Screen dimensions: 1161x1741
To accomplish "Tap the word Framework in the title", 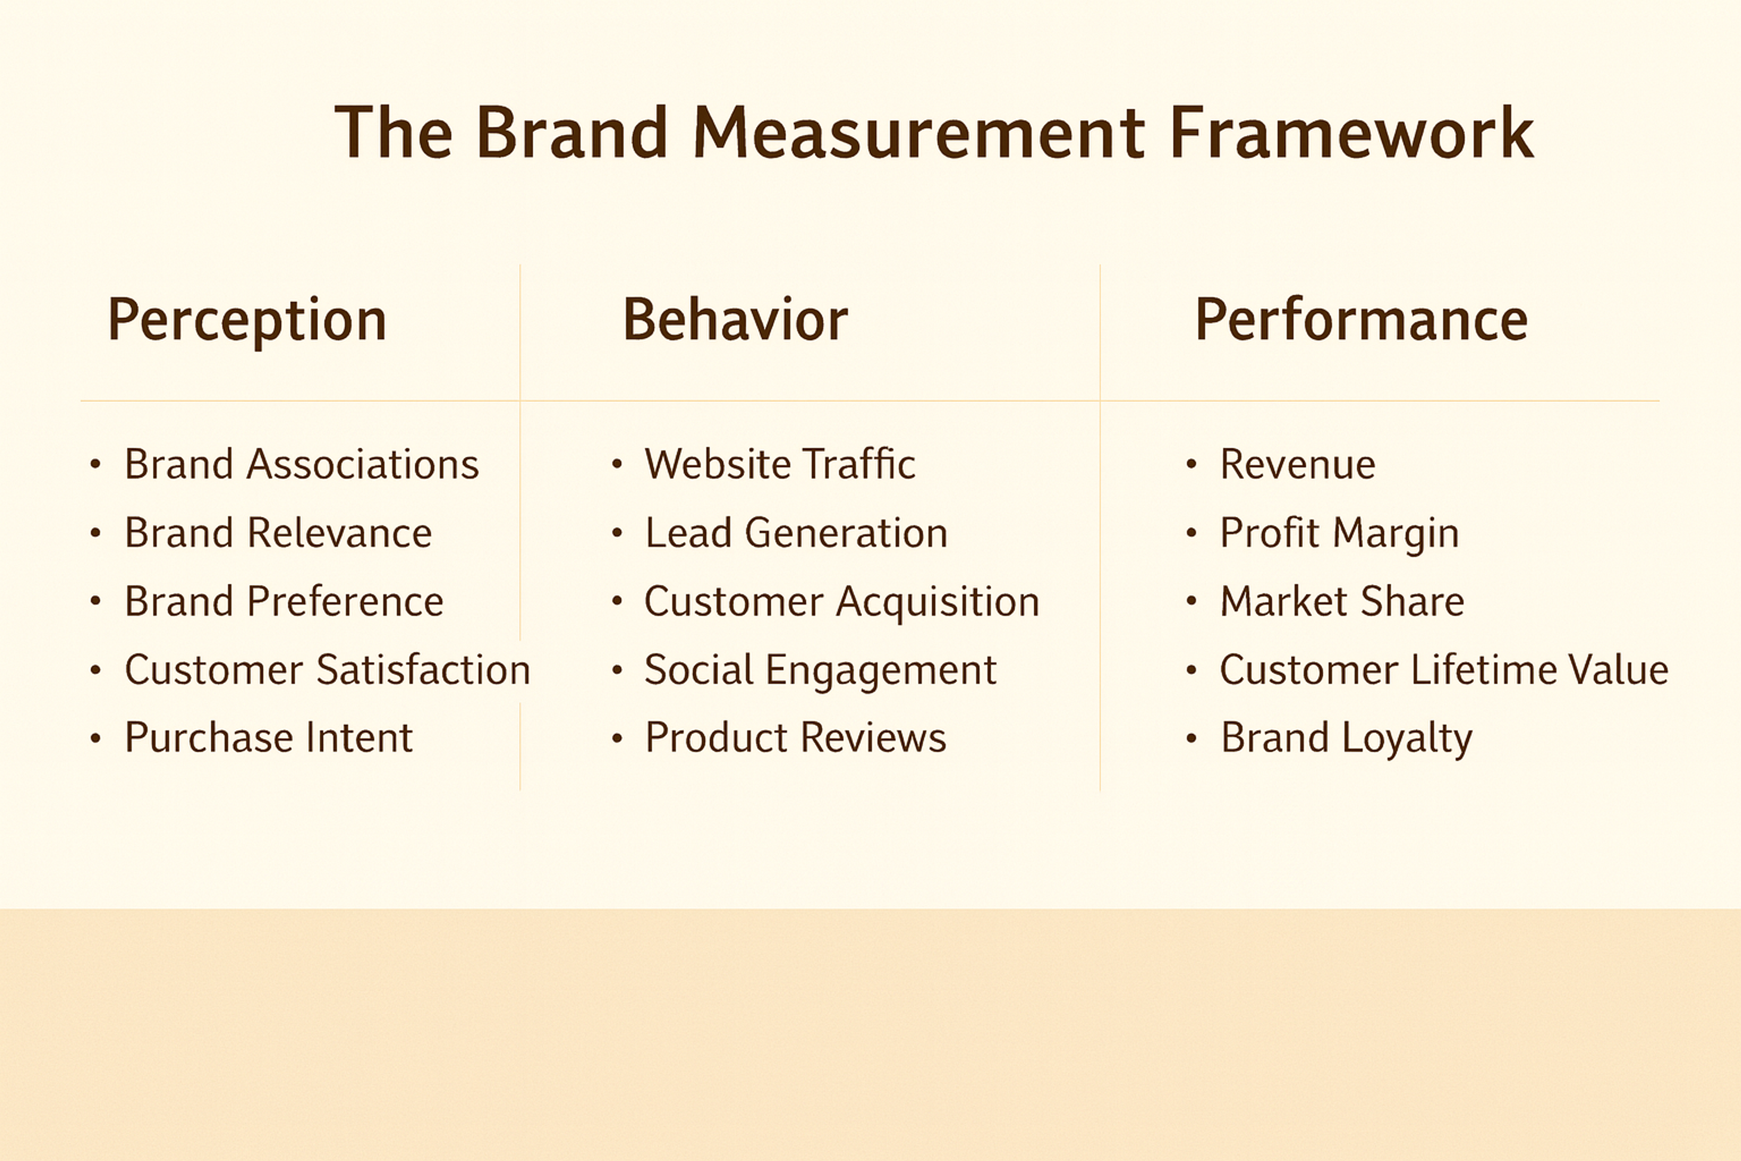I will pyautogui.click(x=1351, y=133).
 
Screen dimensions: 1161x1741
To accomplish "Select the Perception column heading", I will pyautogui.click(x=247, y=320).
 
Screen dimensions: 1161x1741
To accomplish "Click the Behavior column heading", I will pyautogui.click(x=735, y=320).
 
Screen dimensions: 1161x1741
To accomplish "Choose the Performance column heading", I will pyautogui.click(x=1361, y=320).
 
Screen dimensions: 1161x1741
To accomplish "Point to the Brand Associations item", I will pyautogui.click(x=301, y=464).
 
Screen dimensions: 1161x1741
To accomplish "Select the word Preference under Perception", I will pyautogui.click(x=345, y=601).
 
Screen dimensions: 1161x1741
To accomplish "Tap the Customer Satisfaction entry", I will pyautogui.click(x=327, y=670).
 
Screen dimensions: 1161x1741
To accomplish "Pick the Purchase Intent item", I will pyautogui.click(x=268, y=738).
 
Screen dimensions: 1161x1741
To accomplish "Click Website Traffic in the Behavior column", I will pyautogui.click(x=779, y=464).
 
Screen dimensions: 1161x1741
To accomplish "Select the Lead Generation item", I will pyautogui.click(x=796, y=533).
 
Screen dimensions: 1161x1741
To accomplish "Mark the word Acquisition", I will pyautogui.click(x=938, y=601).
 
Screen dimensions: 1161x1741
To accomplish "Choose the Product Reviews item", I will pyautogui.click(x=795, y=738).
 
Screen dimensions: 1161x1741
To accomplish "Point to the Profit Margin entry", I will pyautogui.click(x=1339, y=533).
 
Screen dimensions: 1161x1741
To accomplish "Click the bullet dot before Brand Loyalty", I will pyautogui.click(x=1191, y=738).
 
